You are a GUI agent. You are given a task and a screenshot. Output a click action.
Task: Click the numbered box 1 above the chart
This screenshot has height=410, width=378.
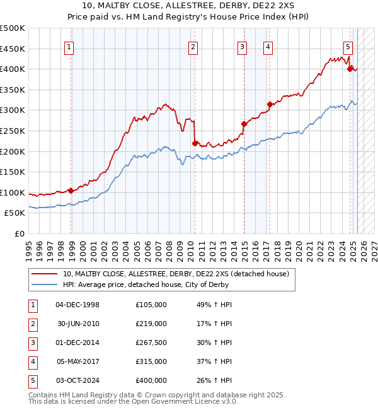coord(69,46)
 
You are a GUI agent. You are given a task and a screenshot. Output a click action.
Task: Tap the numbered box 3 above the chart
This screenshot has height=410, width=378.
coord(242,46)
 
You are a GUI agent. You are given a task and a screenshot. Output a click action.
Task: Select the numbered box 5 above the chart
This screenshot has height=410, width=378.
coord(348,46)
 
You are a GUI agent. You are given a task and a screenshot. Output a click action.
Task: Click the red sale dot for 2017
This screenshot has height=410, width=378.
coord(270,104)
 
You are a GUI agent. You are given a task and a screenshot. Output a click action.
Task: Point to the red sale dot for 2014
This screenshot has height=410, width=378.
coord(244,124)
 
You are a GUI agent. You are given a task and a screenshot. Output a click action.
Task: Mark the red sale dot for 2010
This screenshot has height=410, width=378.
coord(195,143)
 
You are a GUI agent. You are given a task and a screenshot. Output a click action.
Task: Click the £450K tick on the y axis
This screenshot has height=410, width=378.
coord(13,49)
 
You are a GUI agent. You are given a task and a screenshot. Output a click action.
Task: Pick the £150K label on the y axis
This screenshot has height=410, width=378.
coord(13,172)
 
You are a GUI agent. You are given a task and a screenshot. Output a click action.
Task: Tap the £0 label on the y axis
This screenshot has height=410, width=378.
coord(20,233)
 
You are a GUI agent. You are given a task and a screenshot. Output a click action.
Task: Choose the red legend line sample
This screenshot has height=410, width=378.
coord(44,274)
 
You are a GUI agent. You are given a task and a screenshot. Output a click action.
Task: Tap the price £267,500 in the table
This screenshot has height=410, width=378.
coord(151,343)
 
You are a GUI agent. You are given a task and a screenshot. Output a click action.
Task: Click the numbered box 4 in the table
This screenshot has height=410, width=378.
coord(31,361)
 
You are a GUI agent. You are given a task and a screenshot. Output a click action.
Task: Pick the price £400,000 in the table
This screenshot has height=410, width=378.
coord(151,380)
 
